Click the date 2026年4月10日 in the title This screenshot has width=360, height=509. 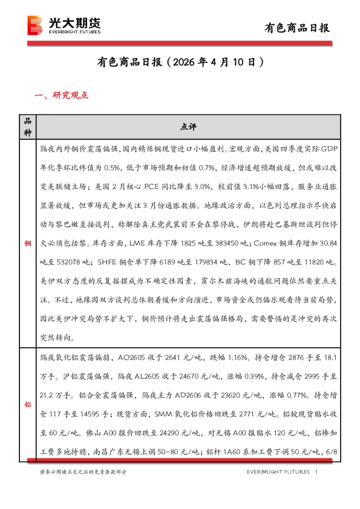215,62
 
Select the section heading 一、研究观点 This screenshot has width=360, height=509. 62,95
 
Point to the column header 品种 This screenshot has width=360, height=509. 27,126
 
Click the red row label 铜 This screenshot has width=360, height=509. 27,243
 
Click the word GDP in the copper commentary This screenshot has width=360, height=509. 325,147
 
